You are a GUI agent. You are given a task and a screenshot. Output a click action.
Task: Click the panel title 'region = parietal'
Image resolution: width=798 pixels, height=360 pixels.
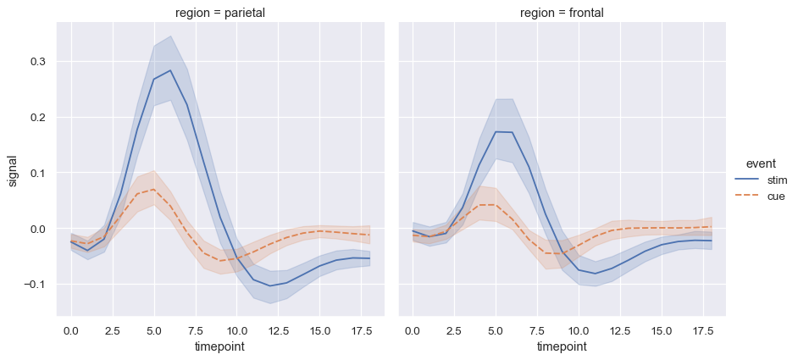tap(220, 13)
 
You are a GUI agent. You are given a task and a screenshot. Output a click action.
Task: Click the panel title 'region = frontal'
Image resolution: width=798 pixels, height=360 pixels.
tap(562, 13)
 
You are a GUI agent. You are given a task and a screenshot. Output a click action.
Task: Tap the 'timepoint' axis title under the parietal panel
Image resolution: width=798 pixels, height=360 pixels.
tap(220, 347)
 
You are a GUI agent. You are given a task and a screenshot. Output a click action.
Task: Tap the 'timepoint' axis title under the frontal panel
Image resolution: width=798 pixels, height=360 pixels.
tap(562, 347)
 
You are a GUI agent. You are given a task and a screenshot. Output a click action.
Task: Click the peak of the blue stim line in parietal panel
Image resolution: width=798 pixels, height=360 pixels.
tap(170, 70)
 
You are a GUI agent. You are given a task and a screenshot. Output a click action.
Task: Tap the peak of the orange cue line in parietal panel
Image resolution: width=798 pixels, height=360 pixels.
tap(153, 189)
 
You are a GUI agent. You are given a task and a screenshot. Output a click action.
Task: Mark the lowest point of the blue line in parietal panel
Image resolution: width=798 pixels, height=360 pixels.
tap(270, 285)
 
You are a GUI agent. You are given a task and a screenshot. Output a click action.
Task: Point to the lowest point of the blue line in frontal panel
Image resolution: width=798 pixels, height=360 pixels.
tap(596, 274)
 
